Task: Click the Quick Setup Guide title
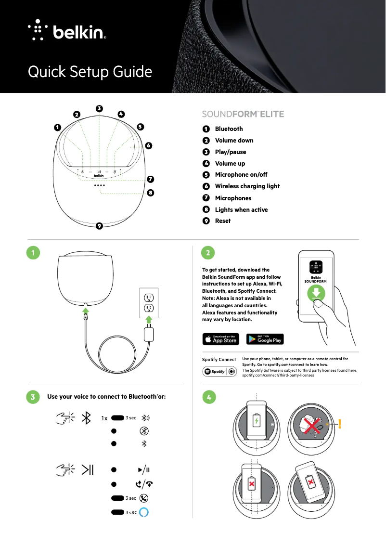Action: (90, 72)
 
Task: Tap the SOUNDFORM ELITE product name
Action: (243, 114)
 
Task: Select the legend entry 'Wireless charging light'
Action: (247, 186)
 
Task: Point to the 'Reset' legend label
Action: (222, 221)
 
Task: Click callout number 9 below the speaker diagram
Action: (99, 226)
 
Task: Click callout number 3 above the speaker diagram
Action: (99, 108)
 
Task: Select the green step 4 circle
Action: (208, 397)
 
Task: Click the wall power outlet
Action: (149, 302)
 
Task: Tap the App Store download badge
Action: (220, 339)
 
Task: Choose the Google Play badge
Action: (265, 339)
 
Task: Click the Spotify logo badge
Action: (219, 372)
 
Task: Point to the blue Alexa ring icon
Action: (143, 512)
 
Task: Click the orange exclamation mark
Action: (339, 424)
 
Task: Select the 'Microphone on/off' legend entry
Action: (241, 175)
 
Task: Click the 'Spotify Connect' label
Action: (219, 360)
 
